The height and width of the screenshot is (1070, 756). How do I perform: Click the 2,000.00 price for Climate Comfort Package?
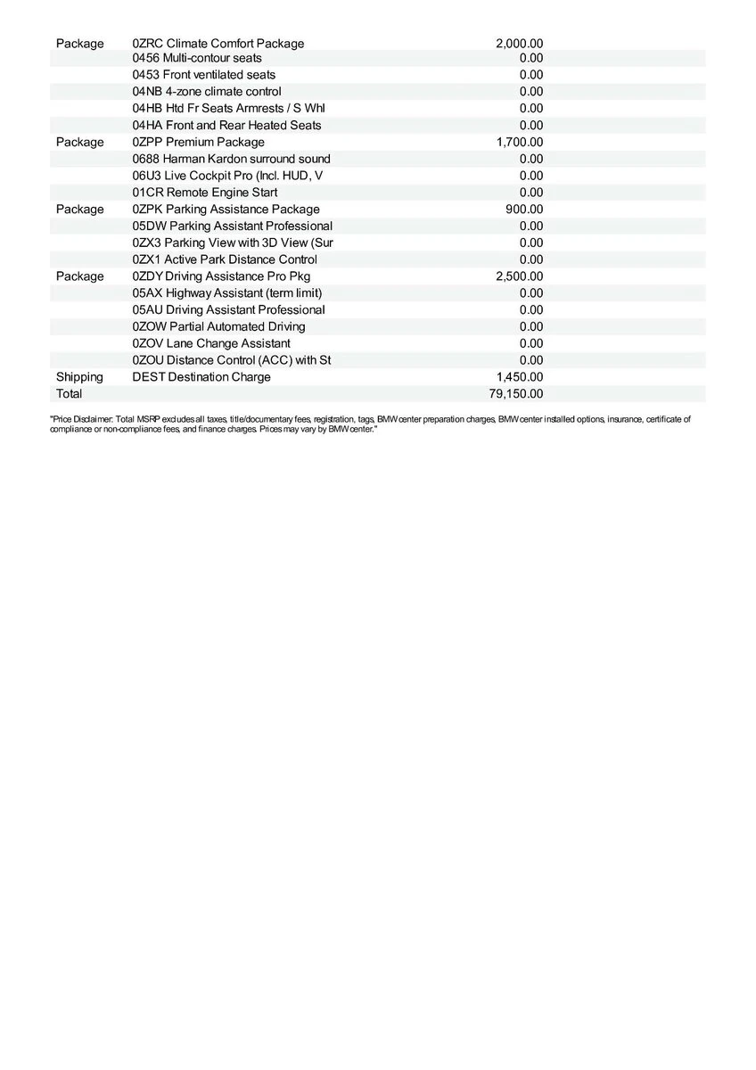[519, 43]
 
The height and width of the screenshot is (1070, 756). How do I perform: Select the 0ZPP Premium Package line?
[198, 142]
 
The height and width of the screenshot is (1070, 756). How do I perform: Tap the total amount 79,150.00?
[516, 393]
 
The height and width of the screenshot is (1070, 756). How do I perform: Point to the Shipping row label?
[79, 376]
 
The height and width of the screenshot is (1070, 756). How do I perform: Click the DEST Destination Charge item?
[201, 376]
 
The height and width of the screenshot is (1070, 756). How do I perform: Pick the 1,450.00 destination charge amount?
[519, 376]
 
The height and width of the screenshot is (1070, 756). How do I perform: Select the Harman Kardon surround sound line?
[231, 159]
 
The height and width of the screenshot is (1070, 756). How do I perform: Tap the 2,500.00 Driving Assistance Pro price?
[519, 276]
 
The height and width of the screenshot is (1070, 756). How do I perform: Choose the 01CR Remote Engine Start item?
[205, 192]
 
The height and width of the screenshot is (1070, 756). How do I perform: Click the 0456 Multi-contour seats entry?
[197, 58]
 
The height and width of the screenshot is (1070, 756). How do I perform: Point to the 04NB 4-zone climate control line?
[207, 91]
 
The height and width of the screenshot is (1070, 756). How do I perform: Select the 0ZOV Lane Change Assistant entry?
[211, 343]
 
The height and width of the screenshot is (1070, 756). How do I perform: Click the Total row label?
[69, 393]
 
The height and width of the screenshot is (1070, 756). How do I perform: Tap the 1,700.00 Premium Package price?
[519, 142]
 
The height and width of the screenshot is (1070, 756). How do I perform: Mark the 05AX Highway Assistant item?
[227, 292]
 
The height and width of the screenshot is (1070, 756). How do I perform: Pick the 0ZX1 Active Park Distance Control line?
[225, 259]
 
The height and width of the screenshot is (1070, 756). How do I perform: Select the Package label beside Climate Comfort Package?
[79, 43]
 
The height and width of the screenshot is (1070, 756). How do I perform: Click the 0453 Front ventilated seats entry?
[204, 75]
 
